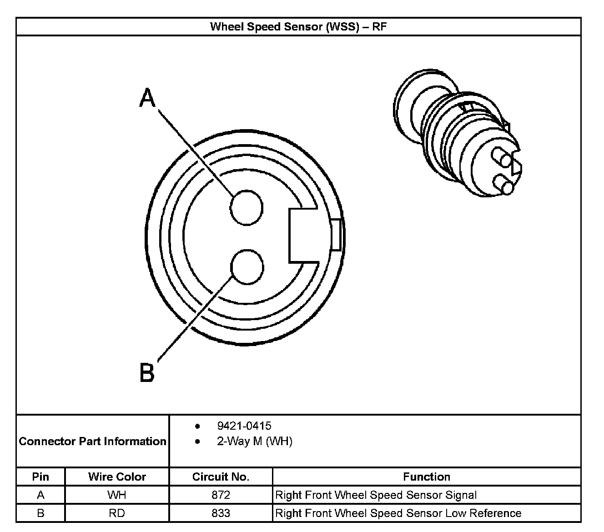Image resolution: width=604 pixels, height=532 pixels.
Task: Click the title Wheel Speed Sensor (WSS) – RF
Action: pyautogui.click(x=298, y=26)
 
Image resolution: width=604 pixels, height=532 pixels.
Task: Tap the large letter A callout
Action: pyautogui.click(x=147, y=98)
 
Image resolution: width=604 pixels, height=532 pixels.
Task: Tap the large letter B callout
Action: pyautogui.click(x=147, y=372)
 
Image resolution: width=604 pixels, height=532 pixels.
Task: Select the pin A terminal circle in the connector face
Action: pyautogui.click(x=247, y=207)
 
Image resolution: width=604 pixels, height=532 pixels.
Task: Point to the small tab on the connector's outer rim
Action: pyautogui.click(x=336, y=235)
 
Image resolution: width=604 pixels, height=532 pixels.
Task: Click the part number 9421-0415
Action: pyautogui.click(x=244, y=426)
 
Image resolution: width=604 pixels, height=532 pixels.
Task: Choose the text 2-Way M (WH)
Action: pyautogui.click(x=254, y=441)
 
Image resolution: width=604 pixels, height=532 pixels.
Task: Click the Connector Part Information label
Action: pyautogui.click(x=92, y=441)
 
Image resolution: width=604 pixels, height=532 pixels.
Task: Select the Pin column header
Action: pyautogui.click(x=40, y=477)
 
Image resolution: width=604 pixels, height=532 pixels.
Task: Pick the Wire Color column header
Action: pyautogui.click(x=117, y=477)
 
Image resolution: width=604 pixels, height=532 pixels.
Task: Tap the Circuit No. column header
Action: pyautogui.click(x=221, y=477)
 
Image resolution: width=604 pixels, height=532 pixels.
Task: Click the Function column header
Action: pyautogui.click(x=426, y=477)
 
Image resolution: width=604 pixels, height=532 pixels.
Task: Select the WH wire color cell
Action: pyautogui.click(x=117, y=495)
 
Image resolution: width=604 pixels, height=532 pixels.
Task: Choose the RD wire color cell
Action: pyautogui.click(x=117, y=513)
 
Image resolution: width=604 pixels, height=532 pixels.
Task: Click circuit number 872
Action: pyautogui.click(x=221, y=495)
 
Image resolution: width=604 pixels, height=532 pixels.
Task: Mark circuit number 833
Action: pyautogui.click(x=221, y=513)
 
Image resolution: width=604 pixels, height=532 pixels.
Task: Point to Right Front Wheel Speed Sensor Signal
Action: pyautogui.click(x=376, y=495)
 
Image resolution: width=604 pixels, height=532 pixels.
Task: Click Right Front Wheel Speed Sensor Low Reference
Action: pyautogui.click(x=398, y=513)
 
